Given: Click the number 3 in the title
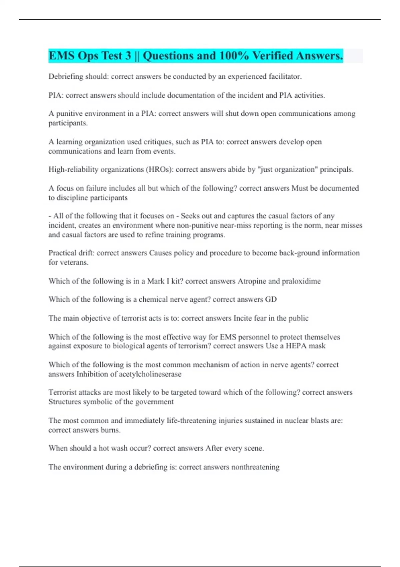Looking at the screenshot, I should click(128, 56).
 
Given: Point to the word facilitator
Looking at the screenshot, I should click(285, 77).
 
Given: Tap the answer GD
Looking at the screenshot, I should click(271, 300).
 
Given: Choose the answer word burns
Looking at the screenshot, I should click(111, 430).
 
